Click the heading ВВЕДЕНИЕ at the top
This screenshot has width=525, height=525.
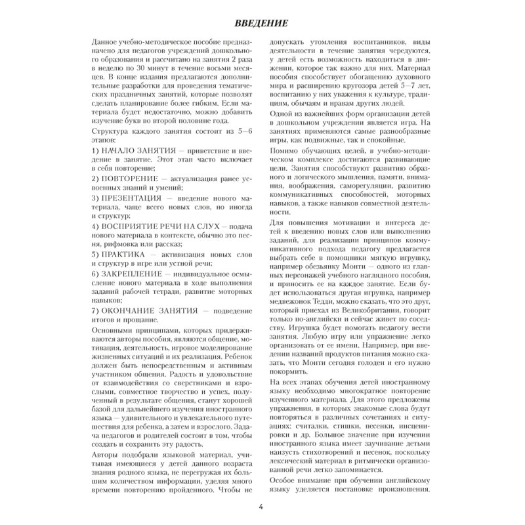click(x=262, y=25)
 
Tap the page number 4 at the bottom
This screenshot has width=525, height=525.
click(x=261, y=506)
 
